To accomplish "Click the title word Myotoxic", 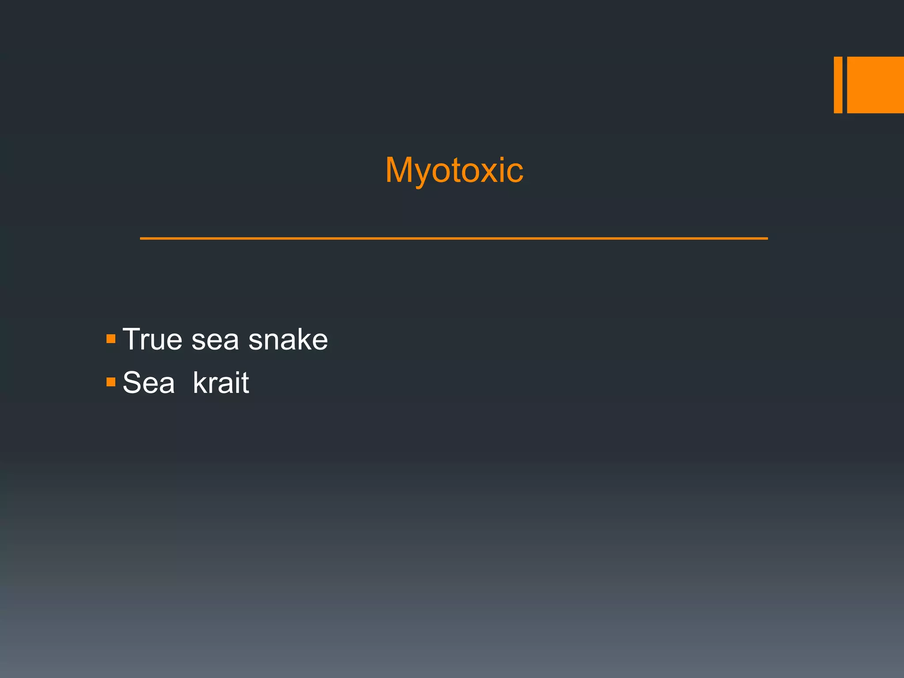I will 454,170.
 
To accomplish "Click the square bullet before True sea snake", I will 111,339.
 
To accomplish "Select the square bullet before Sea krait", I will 111,381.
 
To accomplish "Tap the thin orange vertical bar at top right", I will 838,85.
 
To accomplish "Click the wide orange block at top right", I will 875,85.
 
